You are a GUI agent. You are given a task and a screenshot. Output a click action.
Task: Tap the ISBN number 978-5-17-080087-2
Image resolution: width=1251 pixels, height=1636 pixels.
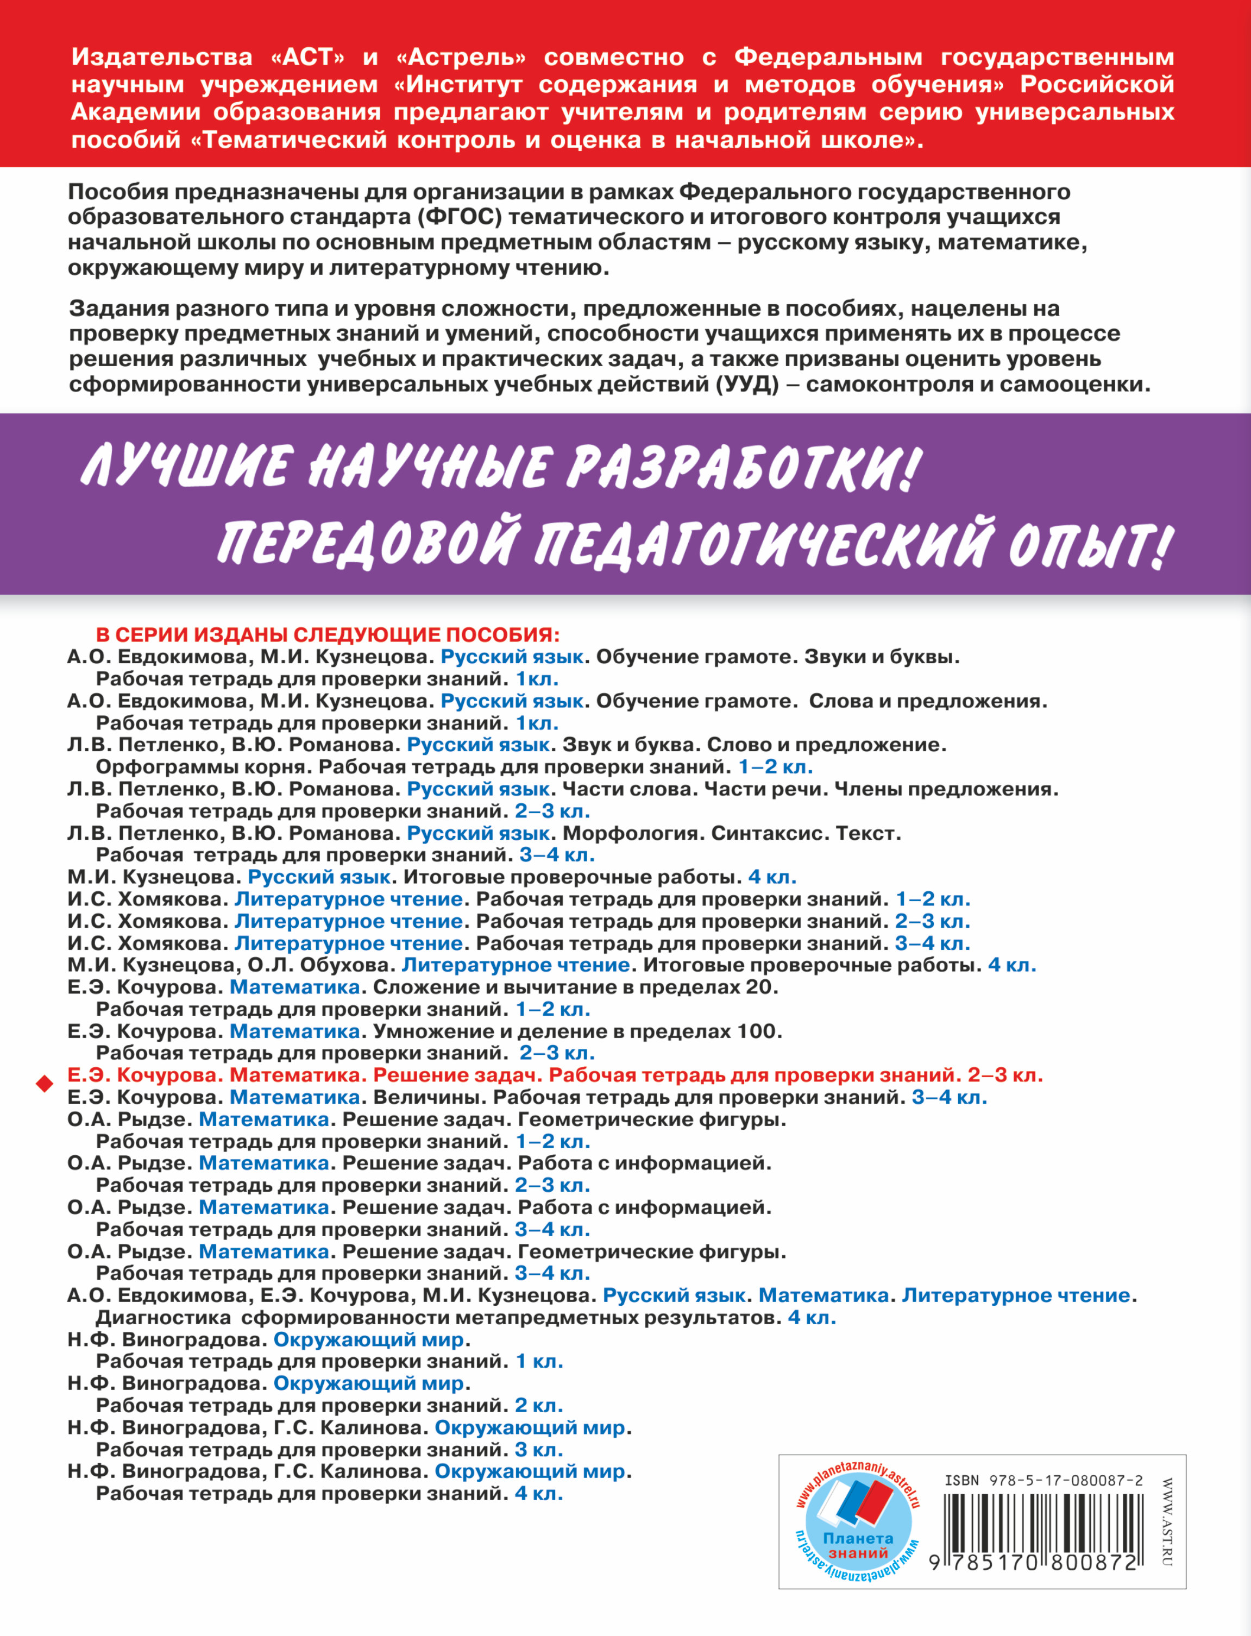(x=1043, y=1480)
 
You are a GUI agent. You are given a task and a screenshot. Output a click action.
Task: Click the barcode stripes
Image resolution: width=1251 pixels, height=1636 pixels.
(x=1042, y=1523)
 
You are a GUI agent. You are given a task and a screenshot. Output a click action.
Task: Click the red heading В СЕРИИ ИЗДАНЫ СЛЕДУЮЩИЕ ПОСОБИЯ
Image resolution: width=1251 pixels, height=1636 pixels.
(x=328, y=634)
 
